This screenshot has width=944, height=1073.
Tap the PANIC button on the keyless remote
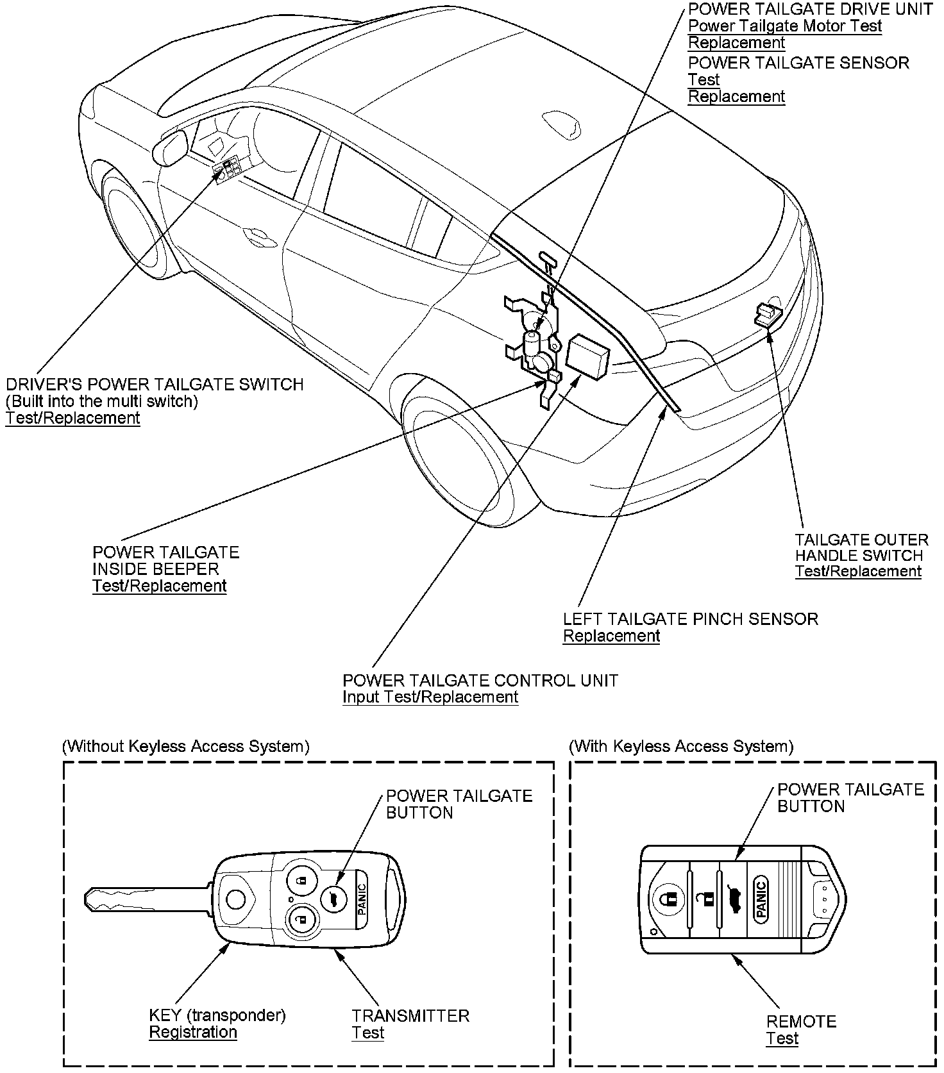pyautogui.click(x=761, y=899)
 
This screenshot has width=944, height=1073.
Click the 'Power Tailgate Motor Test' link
pyautogui.click(x=784, y=26)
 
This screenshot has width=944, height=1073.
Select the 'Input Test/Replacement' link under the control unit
pyautogui.click(x=430, y=697)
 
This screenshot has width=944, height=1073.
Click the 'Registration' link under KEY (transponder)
pyautogui.click(x=193, y=1032)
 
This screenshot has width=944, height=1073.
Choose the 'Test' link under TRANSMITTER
pyautogui.click(x=367, y=1033)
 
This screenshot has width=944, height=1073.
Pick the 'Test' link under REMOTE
pyautogui.click(x=782, y=1038)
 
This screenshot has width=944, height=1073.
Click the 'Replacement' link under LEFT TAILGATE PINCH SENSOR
pyautogui.click(x=611, y=636)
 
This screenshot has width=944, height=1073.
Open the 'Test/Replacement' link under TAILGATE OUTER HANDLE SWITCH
pyautogui.click(x=858, y=571)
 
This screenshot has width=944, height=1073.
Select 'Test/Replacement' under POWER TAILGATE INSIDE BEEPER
pyautogui.click(x=159, y=586)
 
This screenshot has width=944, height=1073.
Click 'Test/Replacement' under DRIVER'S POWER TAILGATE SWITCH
pyautogui.click(x=72, y=418)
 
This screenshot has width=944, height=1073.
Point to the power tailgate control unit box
pyautogui.click(x=588, y=356)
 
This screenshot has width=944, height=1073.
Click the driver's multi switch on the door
pyautogui.click(x=228, y=169)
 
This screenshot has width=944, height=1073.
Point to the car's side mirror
pyautogui.click(x=170, y=148)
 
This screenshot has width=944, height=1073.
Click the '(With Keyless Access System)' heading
pyautogui.click(x=681, y=746)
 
